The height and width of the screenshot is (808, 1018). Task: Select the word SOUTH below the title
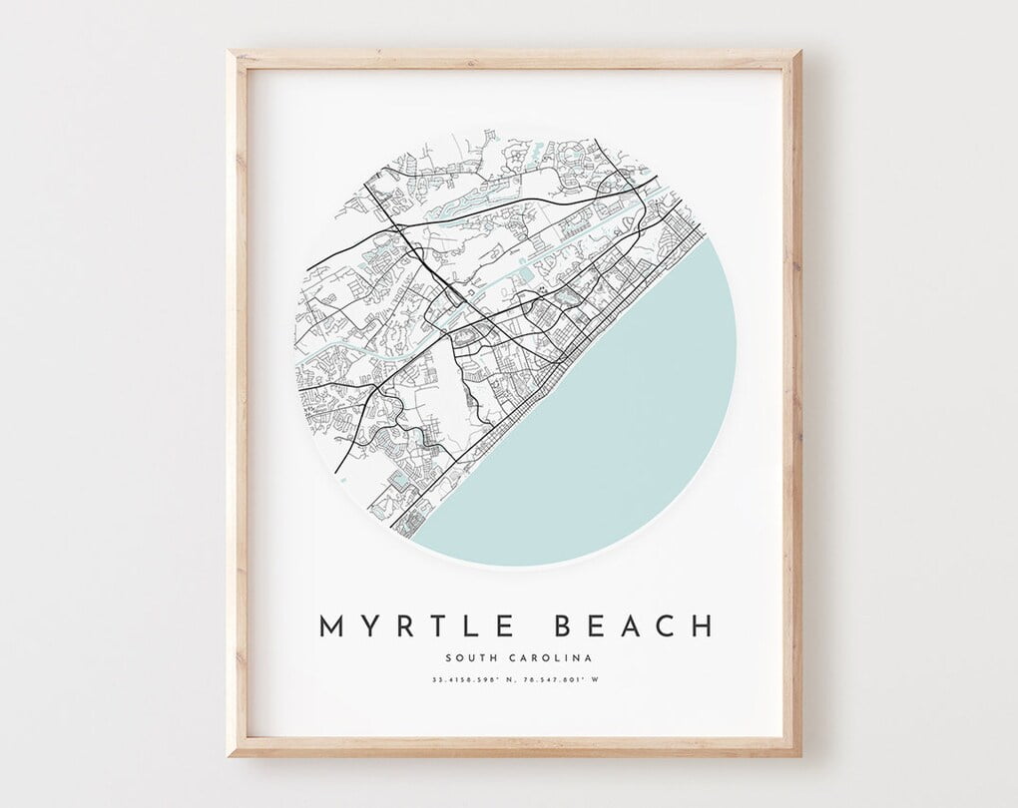(473, 657)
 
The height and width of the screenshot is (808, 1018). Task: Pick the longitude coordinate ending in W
(560, 681)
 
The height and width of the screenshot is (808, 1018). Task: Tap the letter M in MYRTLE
(331, 626)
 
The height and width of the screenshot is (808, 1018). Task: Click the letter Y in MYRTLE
(365, 626)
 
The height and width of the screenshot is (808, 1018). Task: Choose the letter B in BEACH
(561, 626)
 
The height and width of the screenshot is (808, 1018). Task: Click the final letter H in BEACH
(703, 626)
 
